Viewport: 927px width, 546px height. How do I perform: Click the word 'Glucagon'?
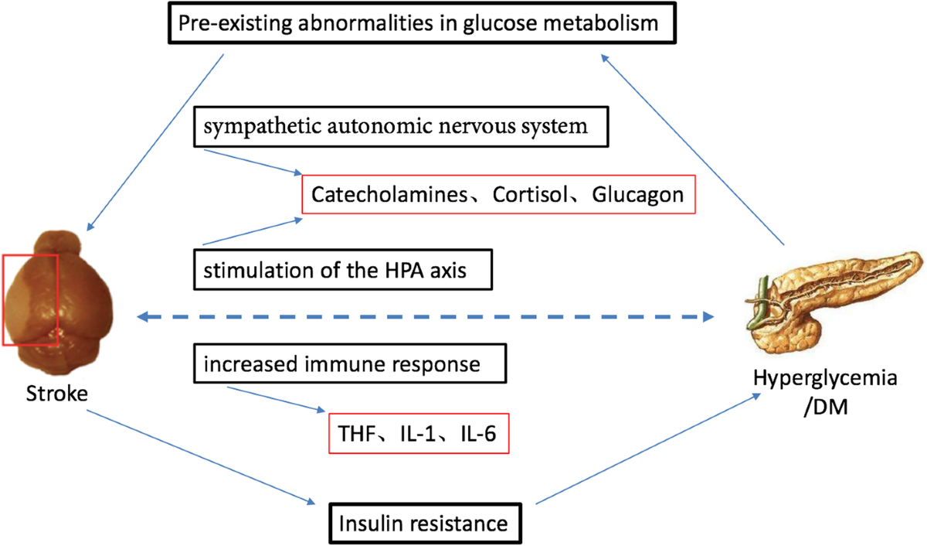[638, 194]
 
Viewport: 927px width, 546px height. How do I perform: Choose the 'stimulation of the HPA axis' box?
[342, 271]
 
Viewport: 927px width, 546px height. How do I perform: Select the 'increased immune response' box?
[350, 363]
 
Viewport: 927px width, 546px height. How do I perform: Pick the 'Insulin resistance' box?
[423, 523]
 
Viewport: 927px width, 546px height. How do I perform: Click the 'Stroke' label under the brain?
[56, 395]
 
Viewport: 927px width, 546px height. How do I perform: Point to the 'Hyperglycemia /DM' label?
[826, 391]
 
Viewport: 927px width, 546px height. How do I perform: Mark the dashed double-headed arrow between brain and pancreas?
[425, 316]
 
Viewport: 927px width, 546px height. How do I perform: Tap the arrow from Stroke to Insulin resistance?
[201, 456]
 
